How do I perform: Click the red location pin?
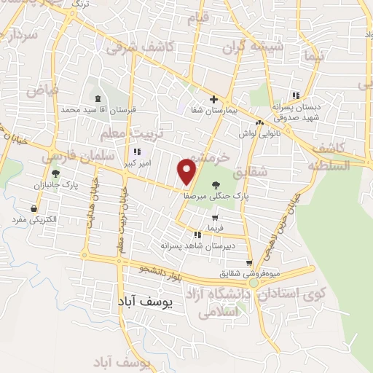[x=187, y=172]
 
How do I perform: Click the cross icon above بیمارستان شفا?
[x=213, y=99]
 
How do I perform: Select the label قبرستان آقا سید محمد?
[x=98, y=109]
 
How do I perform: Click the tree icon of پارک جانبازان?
[x=56, y=173]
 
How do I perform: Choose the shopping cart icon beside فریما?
[x=215, y=217]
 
